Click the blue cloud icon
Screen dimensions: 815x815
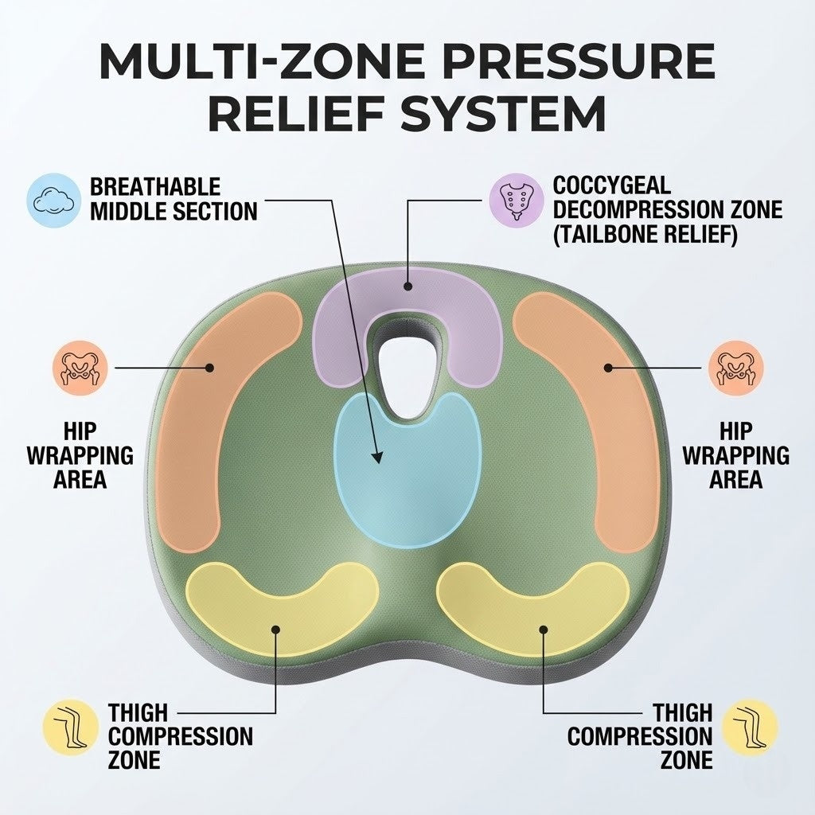[54, 198]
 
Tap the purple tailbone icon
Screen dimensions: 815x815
[515, 198]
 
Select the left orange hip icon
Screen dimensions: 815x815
[79, 368]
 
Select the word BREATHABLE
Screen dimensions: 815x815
[155, 188]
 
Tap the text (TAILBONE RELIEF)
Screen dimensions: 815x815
[645, 235]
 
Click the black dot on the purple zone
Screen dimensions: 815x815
[407, 286]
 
